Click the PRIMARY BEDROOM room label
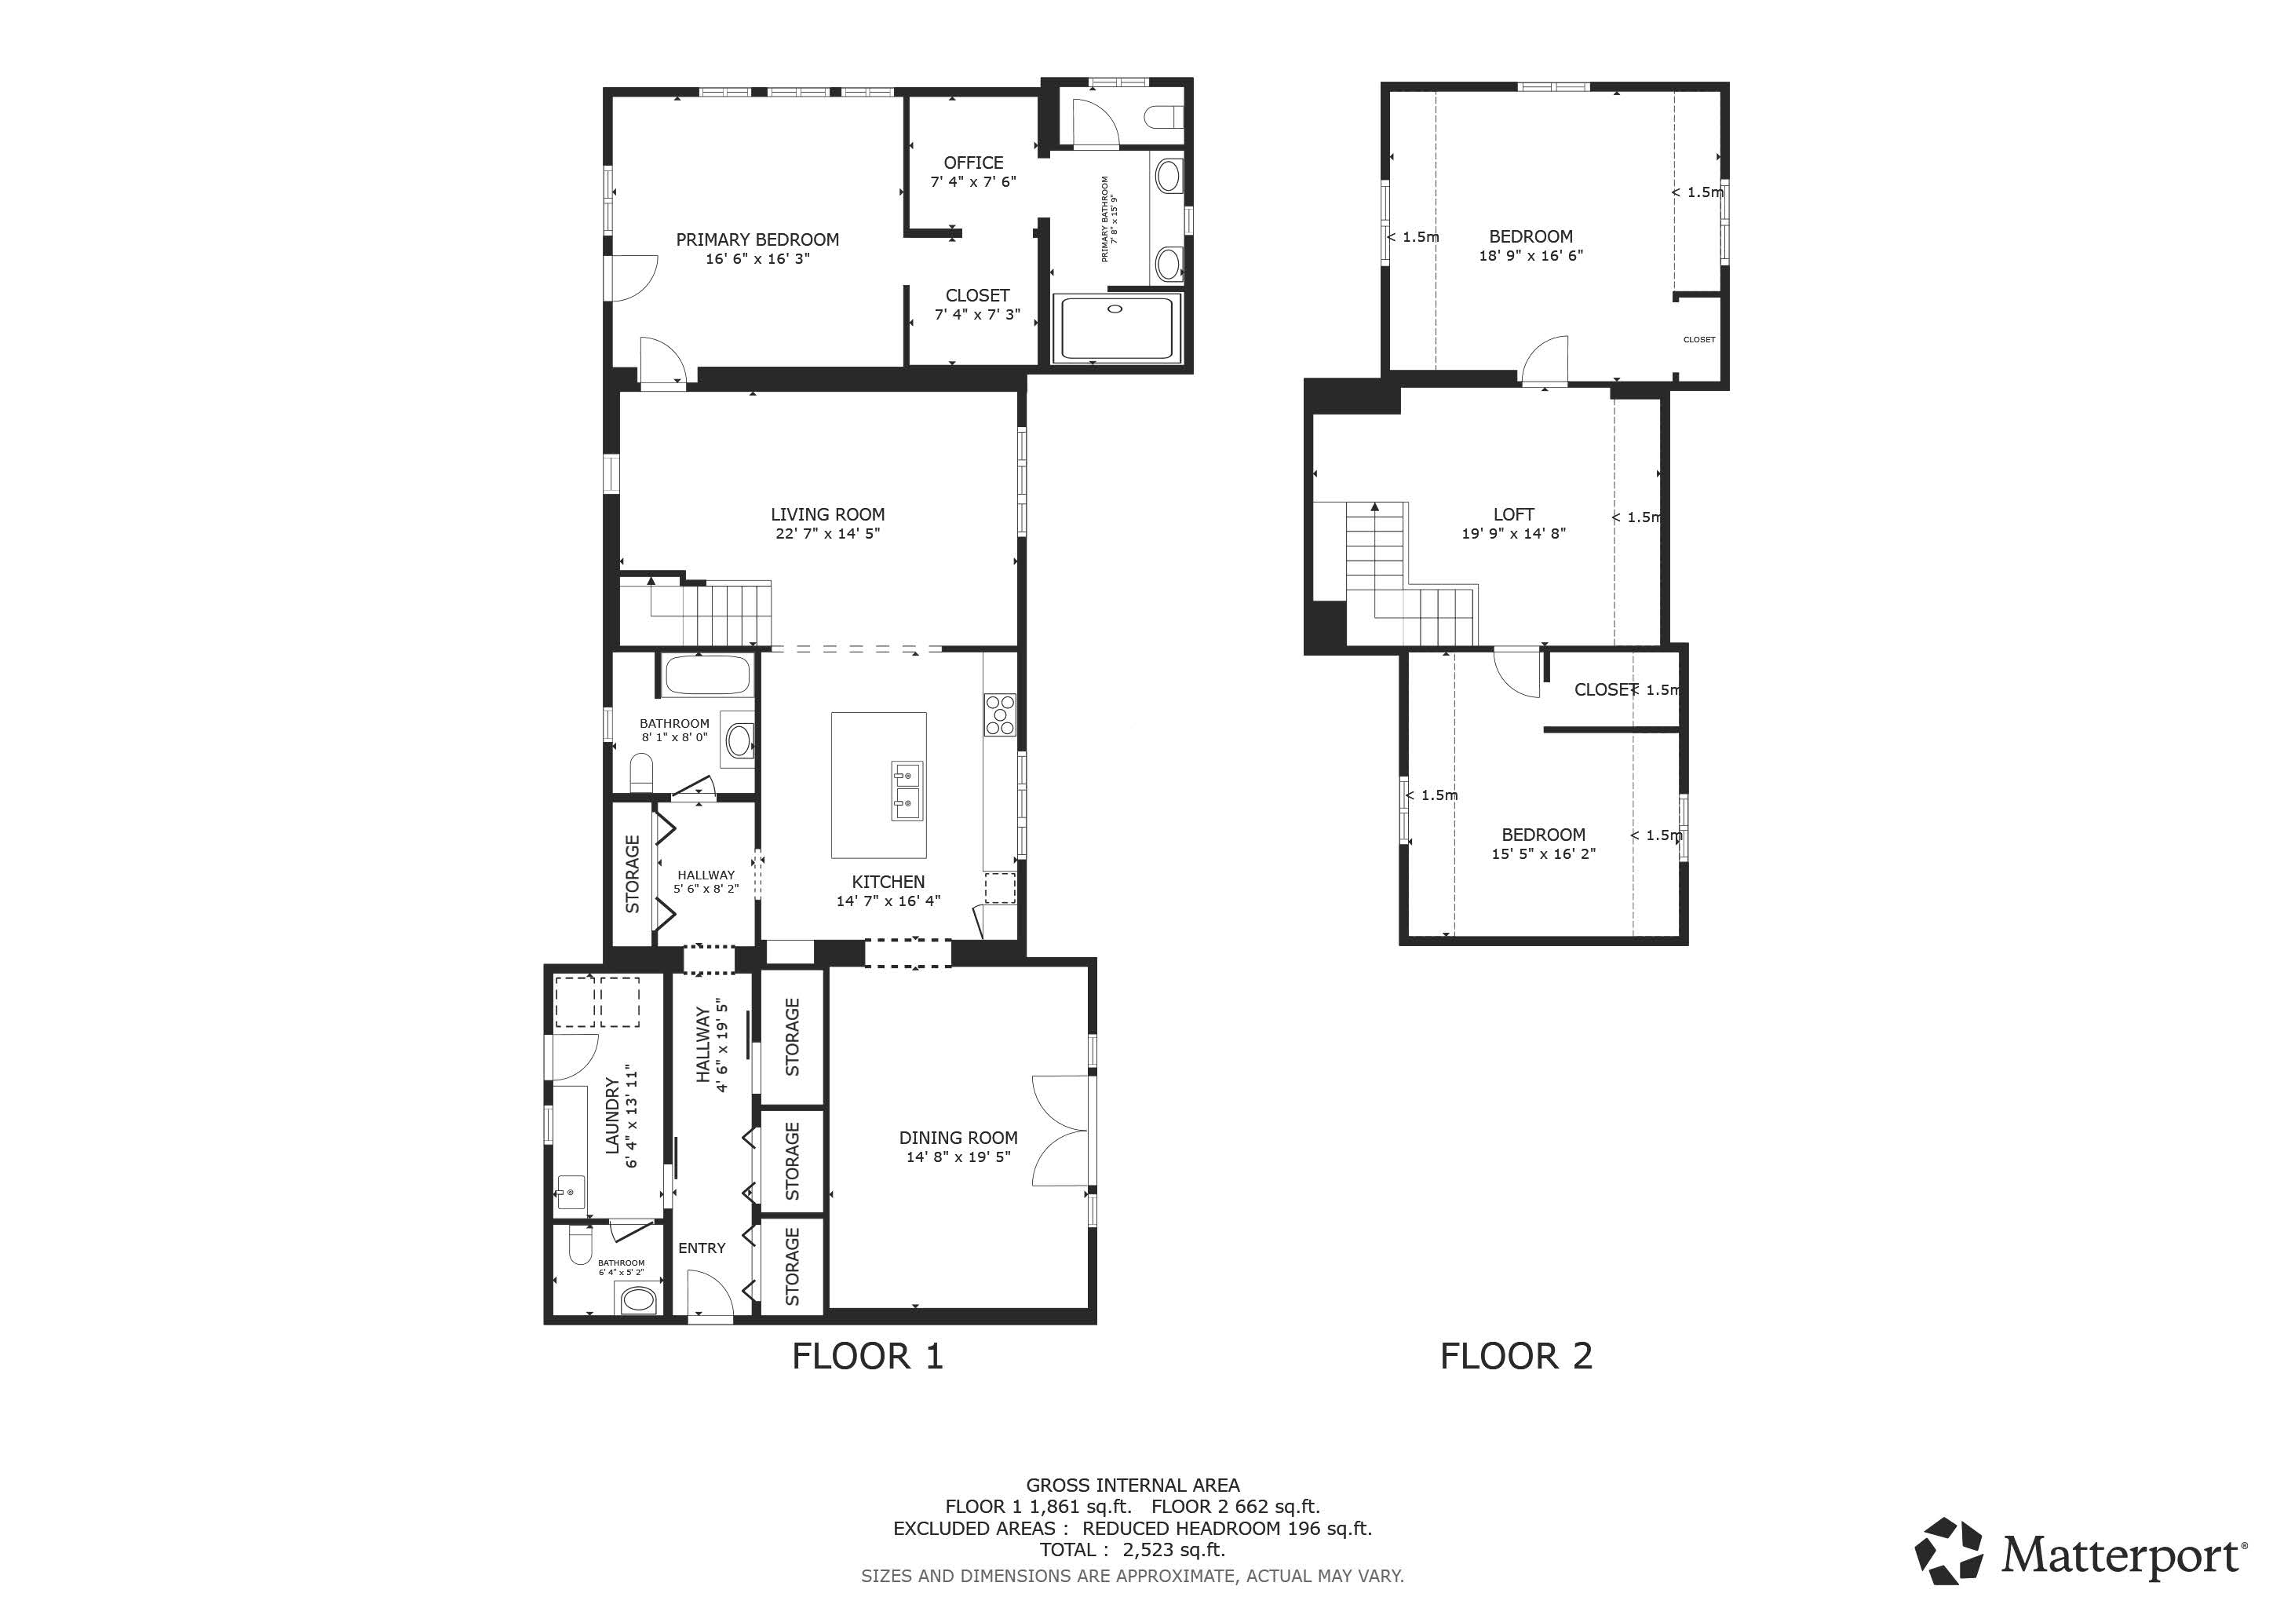tap(757, 239)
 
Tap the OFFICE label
tap(973, 163)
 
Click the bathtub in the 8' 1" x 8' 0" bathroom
tap(707, 676)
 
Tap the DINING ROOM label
tap(958, 1138)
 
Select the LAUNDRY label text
tap(611, 1116)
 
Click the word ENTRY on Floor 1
tap(702, 1248)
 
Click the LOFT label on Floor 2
tap(1514, 515)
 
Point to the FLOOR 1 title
tap(868, 1357)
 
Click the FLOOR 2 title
tap(1516, 1357)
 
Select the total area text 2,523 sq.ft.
tap(1174, 1550)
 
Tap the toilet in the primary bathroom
tap(1164, 118)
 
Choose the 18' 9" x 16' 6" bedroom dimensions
tap(1531, 255)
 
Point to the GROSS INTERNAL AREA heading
tap(1133, 1486)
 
